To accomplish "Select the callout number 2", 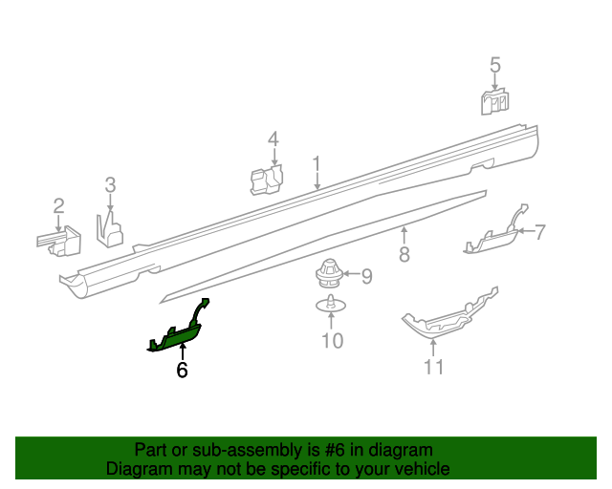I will (58, 205).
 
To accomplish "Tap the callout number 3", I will (110, 184).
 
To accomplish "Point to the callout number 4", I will (273, 139).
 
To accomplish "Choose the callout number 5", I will (495, 65).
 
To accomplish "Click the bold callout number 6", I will (182, 370).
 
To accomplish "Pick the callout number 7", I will (539, 231).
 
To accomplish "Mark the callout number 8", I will (404, 255).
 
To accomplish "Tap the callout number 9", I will (365, 277).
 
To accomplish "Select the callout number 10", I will (331, 340).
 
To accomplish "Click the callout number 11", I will (434, 367).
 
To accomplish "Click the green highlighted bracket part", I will (178, 333).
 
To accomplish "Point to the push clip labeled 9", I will (330, 276).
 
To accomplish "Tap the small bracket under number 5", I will (495, 100).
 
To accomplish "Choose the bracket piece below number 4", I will (266, 180).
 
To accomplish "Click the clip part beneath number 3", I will (111, 228).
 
